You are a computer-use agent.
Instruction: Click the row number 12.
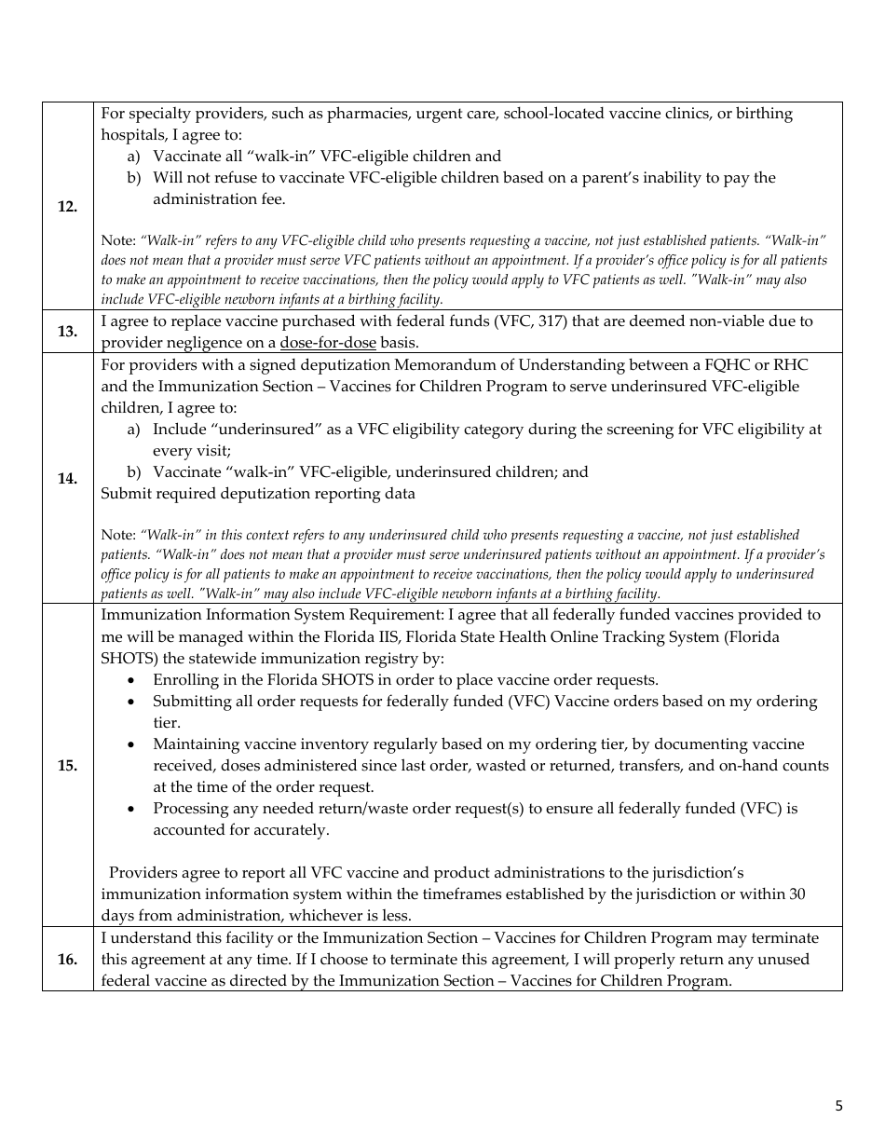coord(67,207)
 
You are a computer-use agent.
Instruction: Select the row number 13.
coord(67,332)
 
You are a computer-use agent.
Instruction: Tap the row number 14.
coord(67,479)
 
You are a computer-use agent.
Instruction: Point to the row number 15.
coord(67,766)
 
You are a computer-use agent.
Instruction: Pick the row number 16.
coord(67,960)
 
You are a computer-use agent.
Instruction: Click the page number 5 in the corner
coord(838,1106)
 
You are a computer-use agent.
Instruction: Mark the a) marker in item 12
coord(133,157)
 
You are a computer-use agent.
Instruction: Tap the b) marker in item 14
coord(133,472)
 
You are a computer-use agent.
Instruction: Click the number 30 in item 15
coord(796,894)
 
